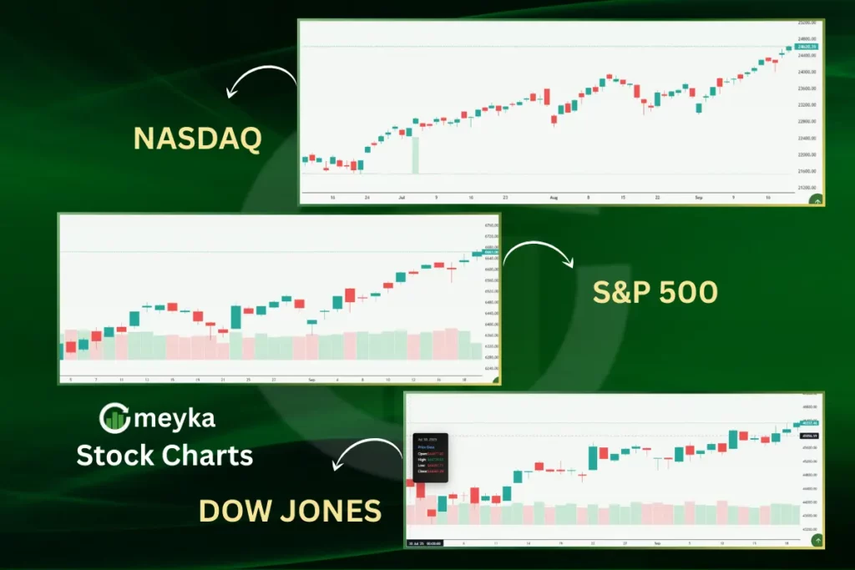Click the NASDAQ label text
pos(197,138)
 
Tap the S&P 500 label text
pos(655,292)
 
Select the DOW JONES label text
pos(290,509)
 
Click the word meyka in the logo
pos(174,418)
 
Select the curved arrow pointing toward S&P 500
pos(539,253)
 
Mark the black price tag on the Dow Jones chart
pos(808,436)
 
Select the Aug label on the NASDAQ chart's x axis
pos(554,198)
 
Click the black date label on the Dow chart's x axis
pos(425,543)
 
